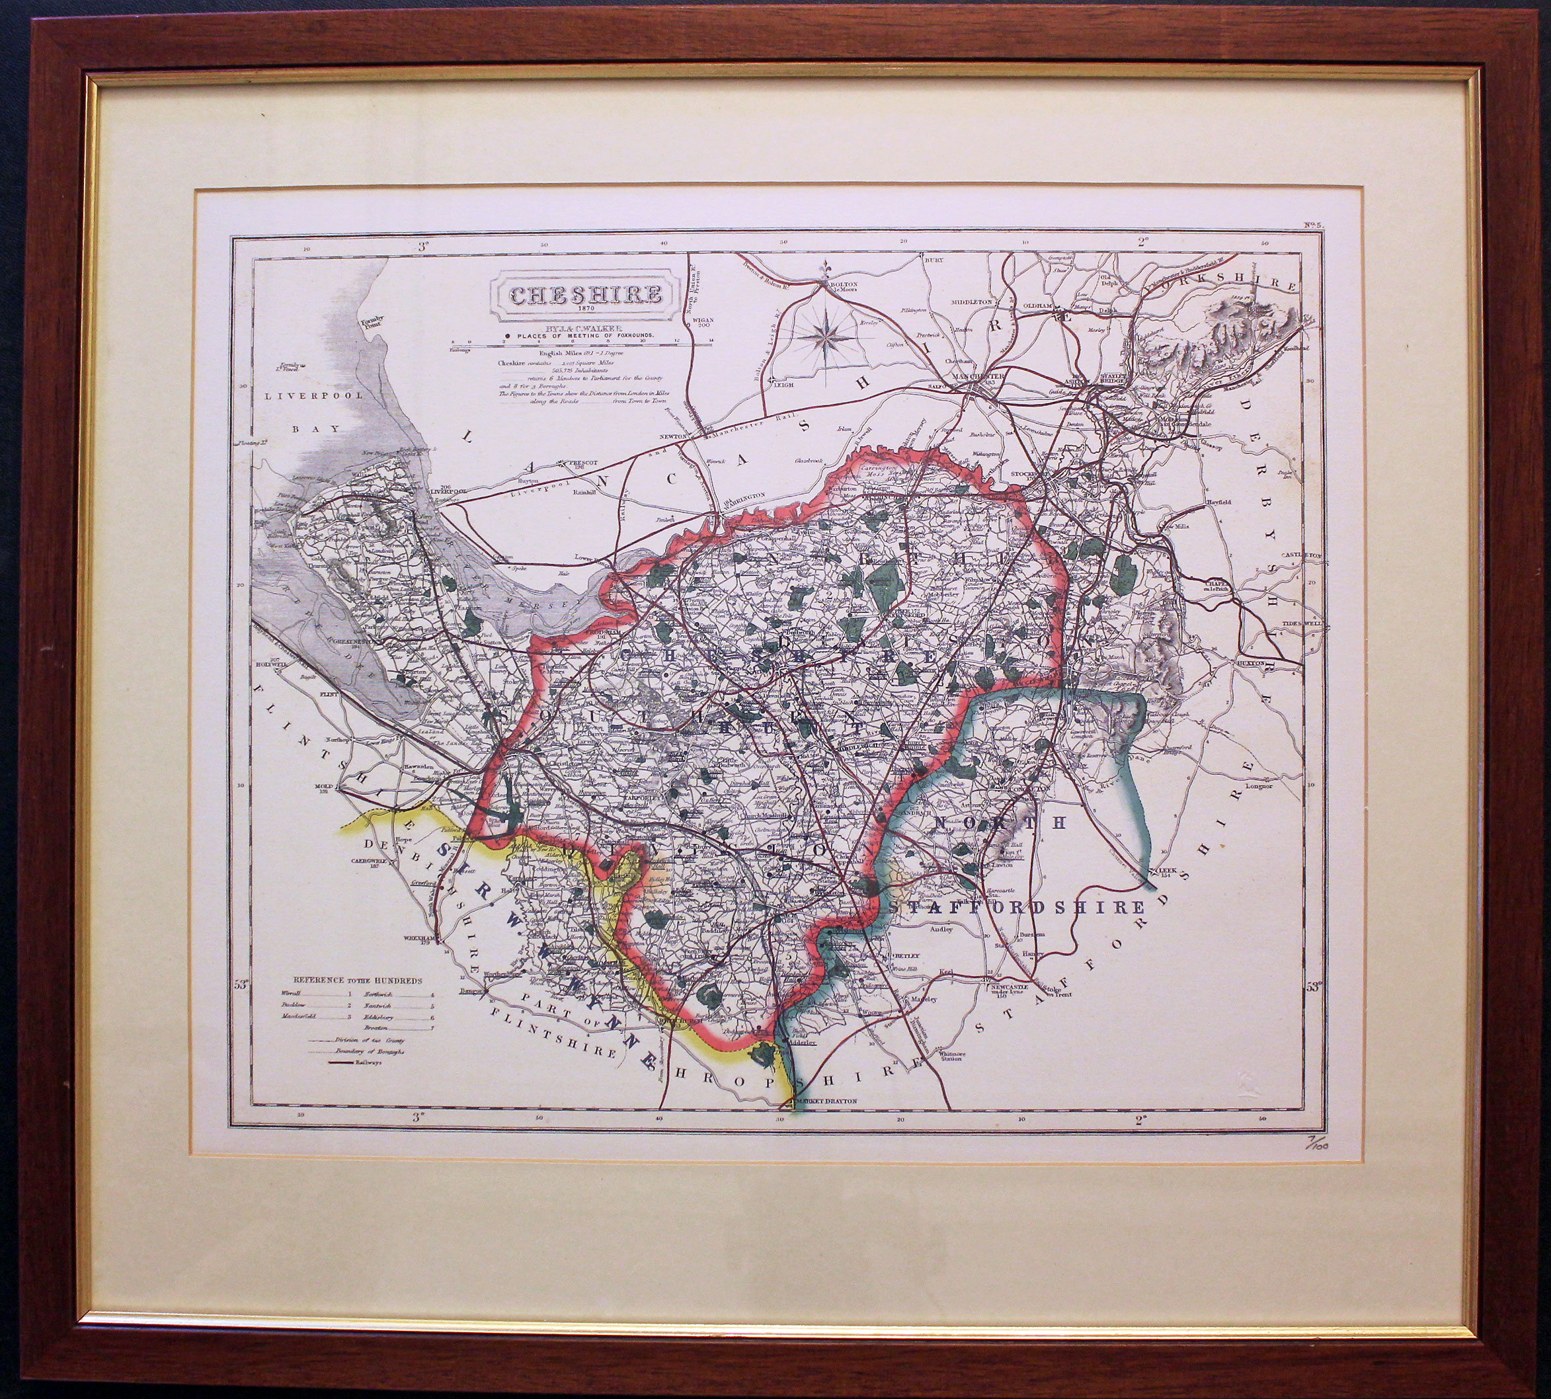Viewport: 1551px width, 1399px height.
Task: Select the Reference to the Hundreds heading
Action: coord(356,981)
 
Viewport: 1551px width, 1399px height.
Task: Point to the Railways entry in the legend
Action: coord(368,1064)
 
